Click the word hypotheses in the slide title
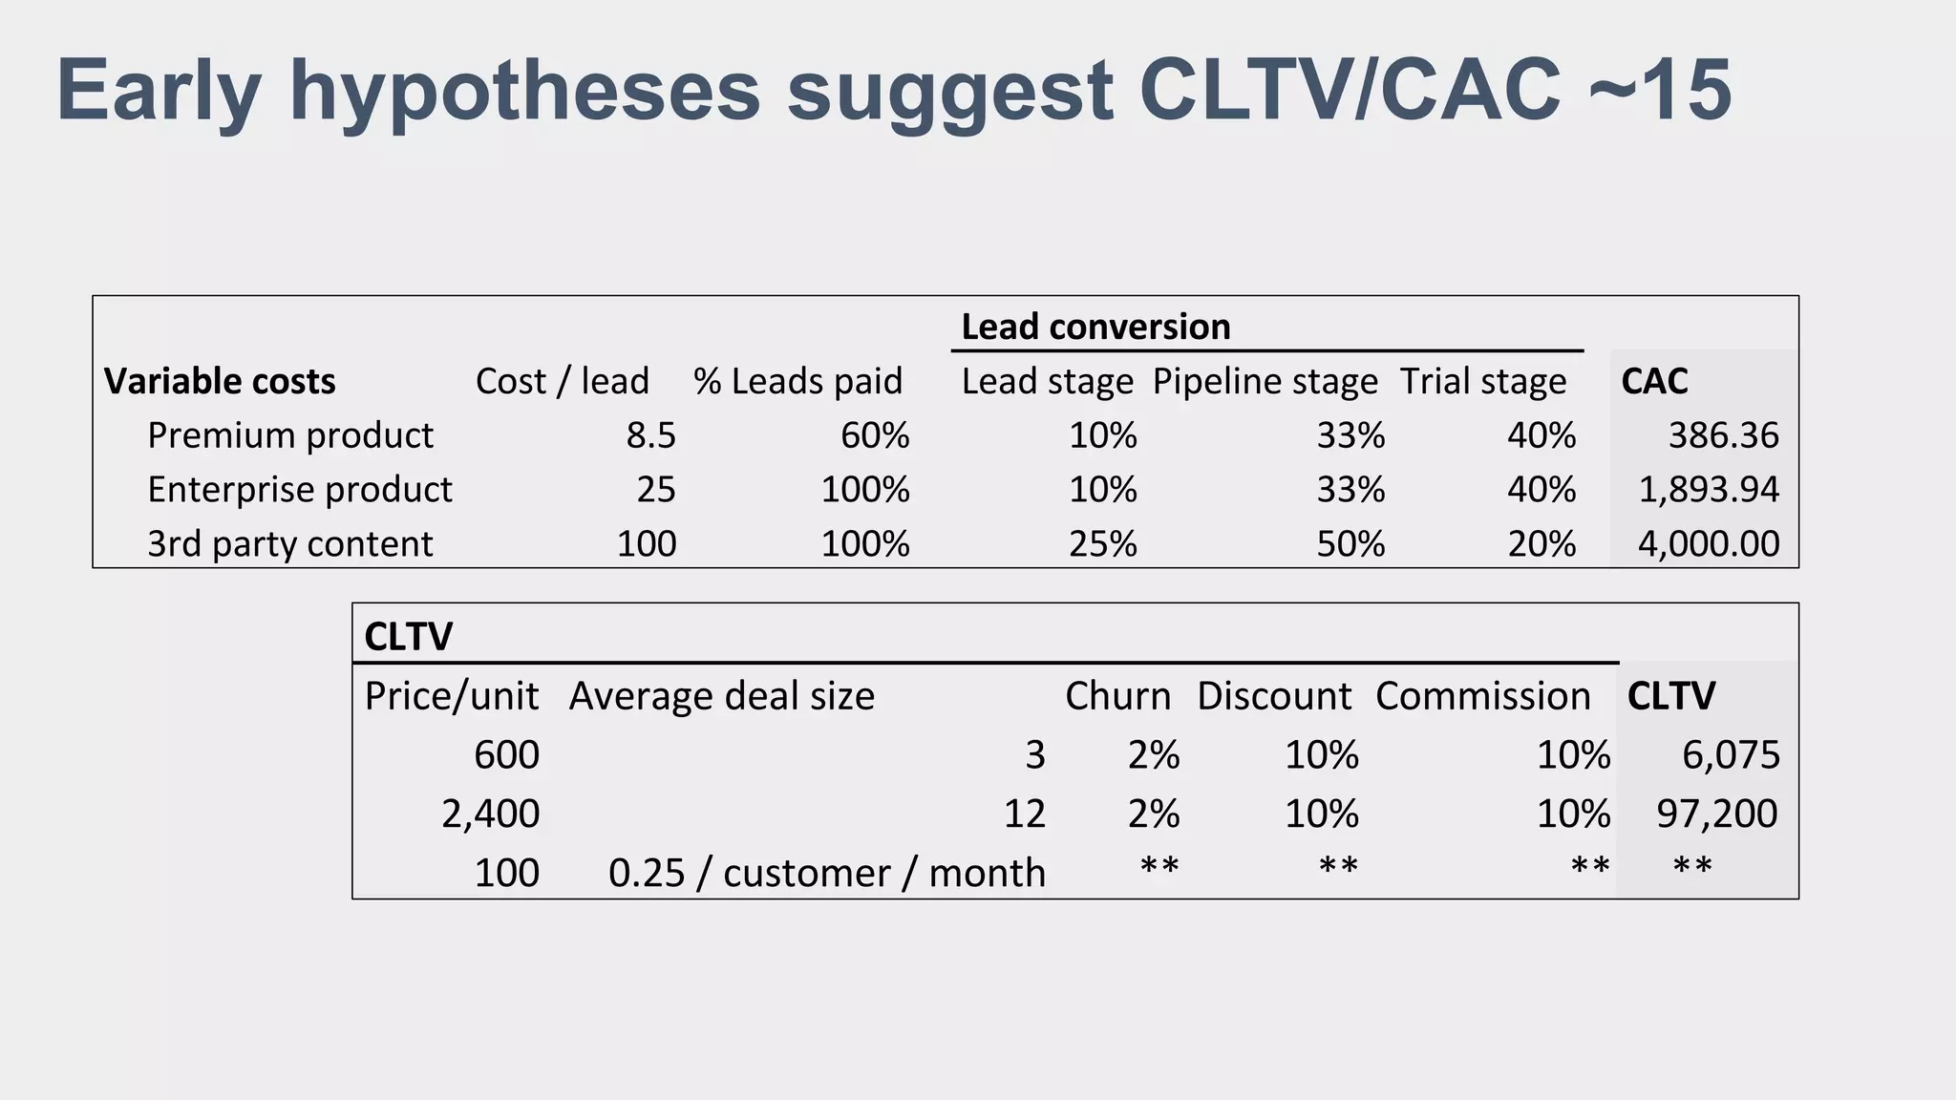[524, 92]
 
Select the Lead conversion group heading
[1095, 328]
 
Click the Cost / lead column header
[562, 381]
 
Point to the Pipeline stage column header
[1265, 381]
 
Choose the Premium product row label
[289, 435]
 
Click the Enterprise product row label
[299, 490]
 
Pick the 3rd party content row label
[289, 544]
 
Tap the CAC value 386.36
[1723, 435]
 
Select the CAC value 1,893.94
[1709, 490]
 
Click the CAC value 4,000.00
[1709, 544]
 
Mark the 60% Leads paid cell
[874, 435]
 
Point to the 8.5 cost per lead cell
[650, 435]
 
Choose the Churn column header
[1117, 696]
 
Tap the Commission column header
[1482, 696]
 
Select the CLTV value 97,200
[1716, 814]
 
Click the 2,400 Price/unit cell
[490, 814]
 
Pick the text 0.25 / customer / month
[826, 873]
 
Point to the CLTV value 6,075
[1731, 755]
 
